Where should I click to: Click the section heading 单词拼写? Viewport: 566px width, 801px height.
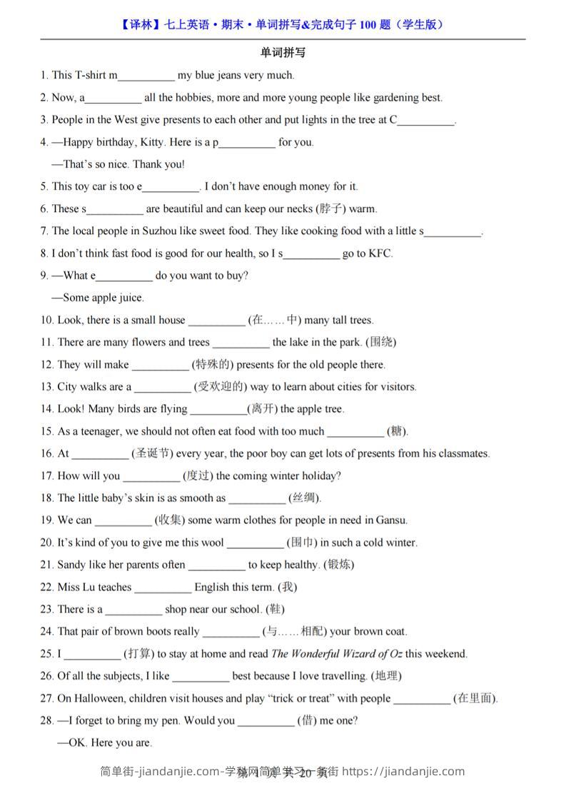(283, 53)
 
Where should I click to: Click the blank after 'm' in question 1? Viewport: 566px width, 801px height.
(146, 76)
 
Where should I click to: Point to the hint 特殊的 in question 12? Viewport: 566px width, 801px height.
(212, 365)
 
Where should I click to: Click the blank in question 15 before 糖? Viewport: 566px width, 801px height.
(355, 432)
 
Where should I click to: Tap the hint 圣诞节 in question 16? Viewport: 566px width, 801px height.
(152, 454)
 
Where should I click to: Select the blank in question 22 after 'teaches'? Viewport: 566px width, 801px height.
(163, 588)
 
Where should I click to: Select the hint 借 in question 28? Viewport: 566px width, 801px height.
(307, 720)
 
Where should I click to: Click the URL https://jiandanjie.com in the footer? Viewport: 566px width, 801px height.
(404, 772)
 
